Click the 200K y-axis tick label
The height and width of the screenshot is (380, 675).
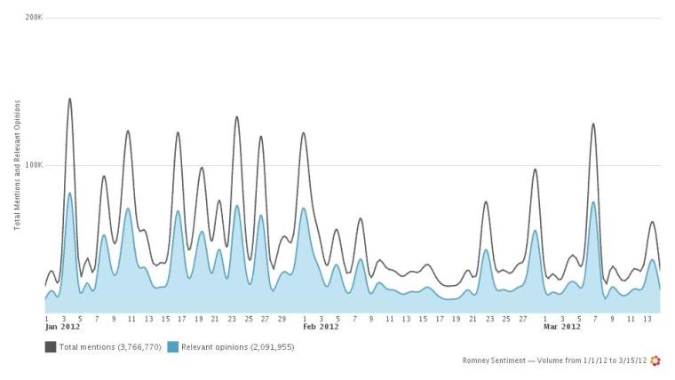[34, 18]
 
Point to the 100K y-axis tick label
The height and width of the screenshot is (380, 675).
[34, 165]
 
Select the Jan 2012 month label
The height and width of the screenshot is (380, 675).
[63, 327]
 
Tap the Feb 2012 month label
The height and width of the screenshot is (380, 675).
[322, 327]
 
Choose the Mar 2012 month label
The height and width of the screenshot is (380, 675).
[561, 327]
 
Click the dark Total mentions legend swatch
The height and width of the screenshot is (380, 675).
[51, 346]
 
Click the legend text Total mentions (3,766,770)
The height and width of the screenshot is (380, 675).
[110, 347]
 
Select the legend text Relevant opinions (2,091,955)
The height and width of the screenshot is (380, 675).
[238, 347]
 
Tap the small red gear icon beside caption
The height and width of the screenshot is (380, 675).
[656, 360]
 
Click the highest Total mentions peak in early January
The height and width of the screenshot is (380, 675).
[69, 99]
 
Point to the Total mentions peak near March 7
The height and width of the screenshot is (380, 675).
[593, 124]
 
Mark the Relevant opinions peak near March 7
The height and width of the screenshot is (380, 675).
[593, 202]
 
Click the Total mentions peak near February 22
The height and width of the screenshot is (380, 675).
[486, 202]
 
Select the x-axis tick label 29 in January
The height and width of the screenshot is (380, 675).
[282, 317]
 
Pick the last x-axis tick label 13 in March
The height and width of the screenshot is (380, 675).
[648, 317]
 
